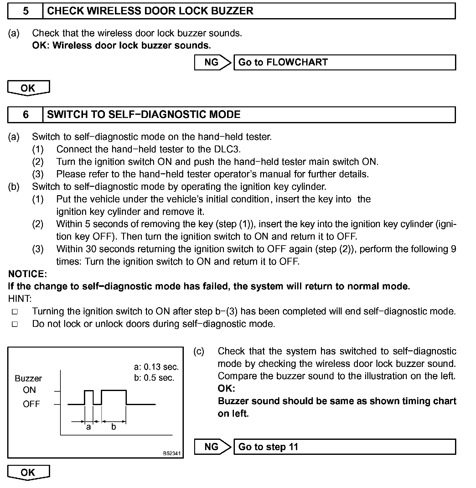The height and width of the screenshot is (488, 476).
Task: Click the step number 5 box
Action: (25, 11)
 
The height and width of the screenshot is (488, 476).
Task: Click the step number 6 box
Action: (25, 114)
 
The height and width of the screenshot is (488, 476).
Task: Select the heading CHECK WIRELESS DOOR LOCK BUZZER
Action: (150, 11)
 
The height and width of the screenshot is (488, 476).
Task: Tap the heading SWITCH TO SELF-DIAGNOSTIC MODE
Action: (144, 114)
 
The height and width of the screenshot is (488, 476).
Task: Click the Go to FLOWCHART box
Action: (344, 62)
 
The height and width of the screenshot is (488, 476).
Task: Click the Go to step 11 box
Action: (344, 447)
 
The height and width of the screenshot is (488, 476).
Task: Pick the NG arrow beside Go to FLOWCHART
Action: (212, 62)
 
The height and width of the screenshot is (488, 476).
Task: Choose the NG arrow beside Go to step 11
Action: (212, 447)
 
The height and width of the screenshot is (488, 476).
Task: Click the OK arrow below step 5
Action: (28, 88)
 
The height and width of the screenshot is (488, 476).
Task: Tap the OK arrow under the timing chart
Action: (28, 472)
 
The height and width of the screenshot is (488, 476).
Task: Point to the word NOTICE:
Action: (28, 274)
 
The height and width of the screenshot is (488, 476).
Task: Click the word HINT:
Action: (20, 299)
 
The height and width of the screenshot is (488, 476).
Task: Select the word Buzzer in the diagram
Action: (28, 379)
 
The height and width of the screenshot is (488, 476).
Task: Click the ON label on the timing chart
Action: (29, 390)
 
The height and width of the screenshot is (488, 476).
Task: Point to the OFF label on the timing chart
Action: (31, 404)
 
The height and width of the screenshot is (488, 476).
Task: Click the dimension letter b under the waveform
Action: (114, 427)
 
